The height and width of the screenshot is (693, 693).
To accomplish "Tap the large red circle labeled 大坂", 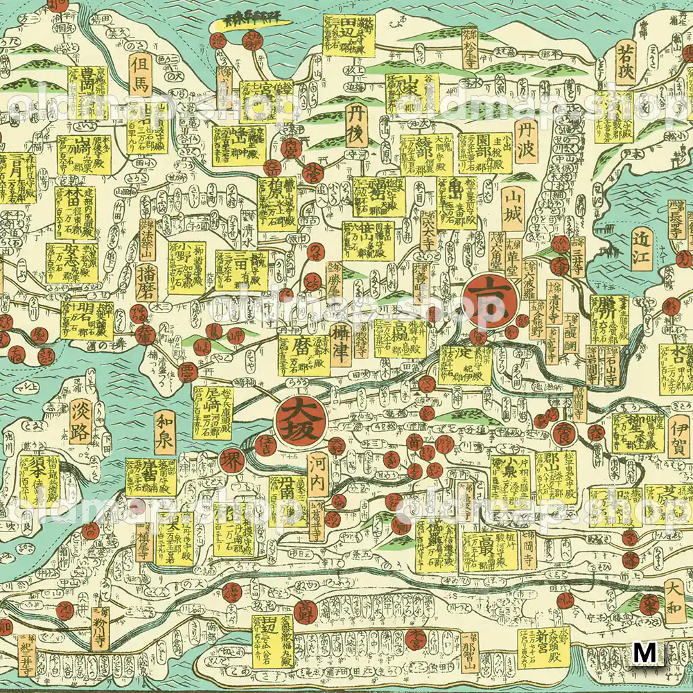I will (x=297, y=419).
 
